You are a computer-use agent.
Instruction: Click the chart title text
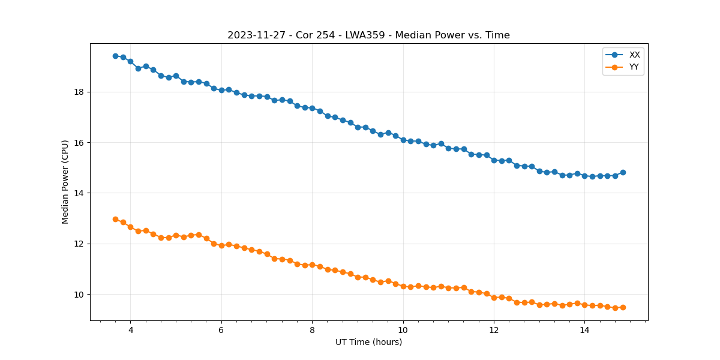point(368,35)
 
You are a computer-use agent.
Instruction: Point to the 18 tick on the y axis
point(82,92)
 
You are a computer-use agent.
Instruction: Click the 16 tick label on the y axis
point(82,143)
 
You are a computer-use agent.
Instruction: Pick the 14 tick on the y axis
point(82,193)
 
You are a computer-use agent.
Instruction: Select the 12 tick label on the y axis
point(82,244)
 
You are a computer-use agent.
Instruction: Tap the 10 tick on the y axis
point(82,294)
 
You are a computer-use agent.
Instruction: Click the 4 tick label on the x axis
point(130,330)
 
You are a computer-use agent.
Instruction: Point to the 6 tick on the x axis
point(221,330)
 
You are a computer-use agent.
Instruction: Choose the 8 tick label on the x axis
point(312,330)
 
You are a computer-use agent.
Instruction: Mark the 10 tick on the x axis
point(403,330)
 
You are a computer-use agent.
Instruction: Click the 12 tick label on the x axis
point(494,330)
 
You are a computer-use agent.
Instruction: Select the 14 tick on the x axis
point(584,330)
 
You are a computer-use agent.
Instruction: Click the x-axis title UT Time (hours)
point(368,342)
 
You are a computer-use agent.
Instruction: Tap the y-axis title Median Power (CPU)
point(65,182)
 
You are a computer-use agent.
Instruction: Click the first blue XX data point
point(115,56)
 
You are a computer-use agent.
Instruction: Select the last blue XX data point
point(623,172)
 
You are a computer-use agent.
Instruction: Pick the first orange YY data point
point(115,219)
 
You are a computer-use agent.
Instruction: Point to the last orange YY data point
point(623,307)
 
